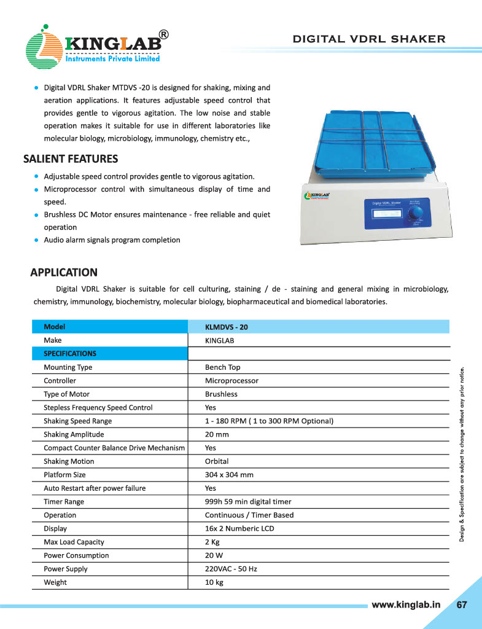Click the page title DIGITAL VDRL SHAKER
click(368, 39)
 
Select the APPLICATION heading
click(64, 272)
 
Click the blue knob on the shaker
click(417, 213)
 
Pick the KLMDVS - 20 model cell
click(226, 327)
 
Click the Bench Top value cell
click(222, 367)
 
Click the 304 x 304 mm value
click(229, 475)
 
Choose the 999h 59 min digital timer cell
click(247, 502)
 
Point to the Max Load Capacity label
click(74, 542)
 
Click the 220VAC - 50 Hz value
click(230, 569)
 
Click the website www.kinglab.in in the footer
click(406, 604)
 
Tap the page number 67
click(461, 604)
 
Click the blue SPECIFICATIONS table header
click(70, 354)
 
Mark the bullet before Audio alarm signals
click(37, 240)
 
